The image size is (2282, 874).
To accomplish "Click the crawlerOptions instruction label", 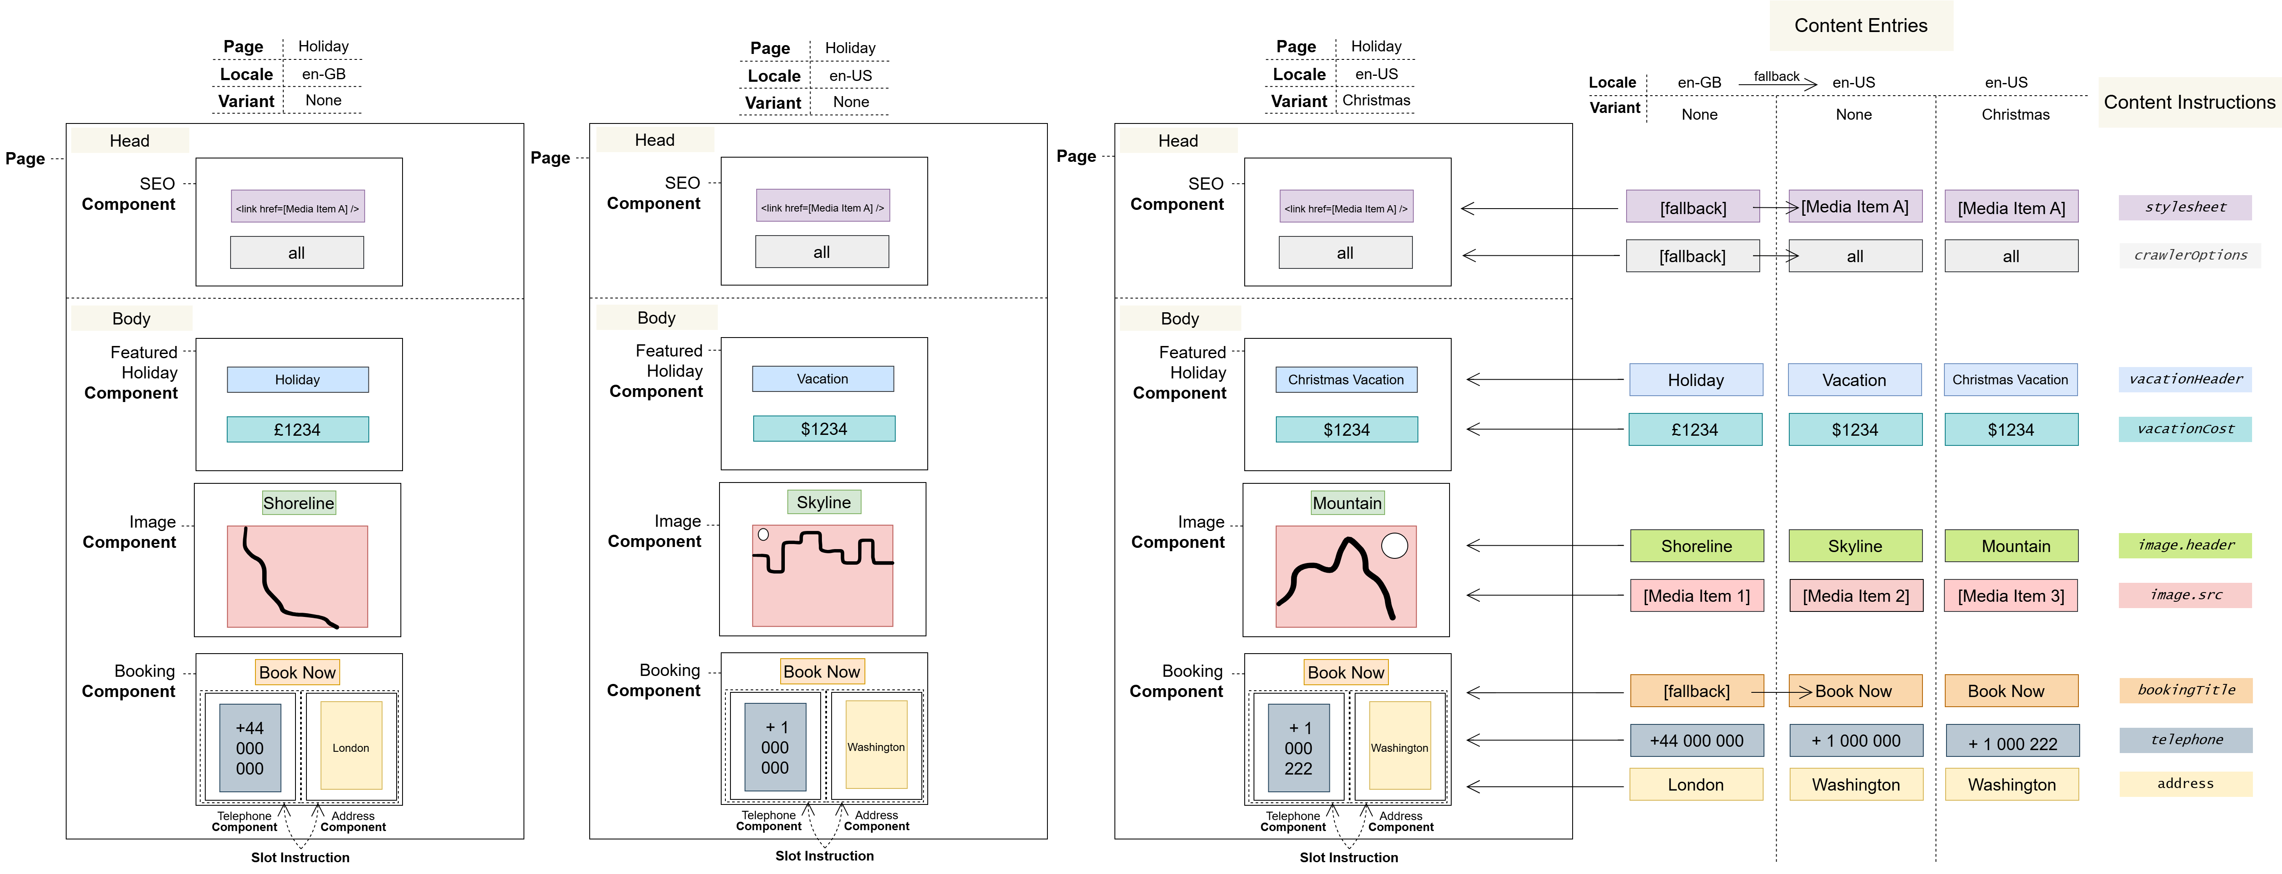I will click(2189, 255).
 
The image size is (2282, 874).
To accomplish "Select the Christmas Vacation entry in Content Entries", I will click(2010, 380).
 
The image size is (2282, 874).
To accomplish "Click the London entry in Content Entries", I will click(1696, 785).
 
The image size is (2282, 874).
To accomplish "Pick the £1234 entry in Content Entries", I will click(1695, 429).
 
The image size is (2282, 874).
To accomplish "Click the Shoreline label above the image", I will click(298, 503).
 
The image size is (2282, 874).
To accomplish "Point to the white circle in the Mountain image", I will click(1394, 545).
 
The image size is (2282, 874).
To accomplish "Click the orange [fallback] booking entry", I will click(1696, 691).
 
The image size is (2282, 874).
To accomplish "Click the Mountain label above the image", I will click(1347, 503).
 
